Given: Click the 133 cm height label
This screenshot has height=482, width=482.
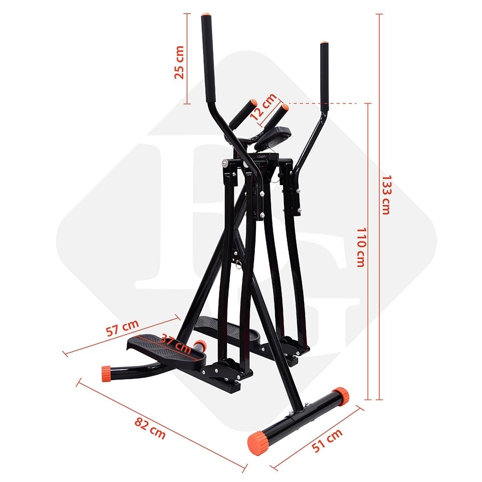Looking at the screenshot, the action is click(x=386, y=195).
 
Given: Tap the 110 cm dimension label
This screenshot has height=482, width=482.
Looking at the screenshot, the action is click(x=361, y=247).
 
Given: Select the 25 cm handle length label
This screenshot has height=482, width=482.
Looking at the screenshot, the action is click(x=179, y=62).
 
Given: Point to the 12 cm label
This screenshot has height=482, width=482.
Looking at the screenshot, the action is click(x=263, y=107).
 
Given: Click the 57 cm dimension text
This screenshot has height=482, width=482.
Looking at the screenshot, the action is click(x=122, y=328).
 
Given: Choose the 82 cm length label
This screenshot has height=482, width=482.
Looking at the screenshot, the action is click(x=150, y=428).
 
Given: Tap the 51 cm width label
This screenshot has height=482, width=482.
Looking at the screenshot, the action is click(x=327, y=440).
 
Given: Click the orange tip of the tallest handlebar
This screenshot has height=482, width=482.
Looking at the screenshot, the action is click(x=206, y=14).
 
